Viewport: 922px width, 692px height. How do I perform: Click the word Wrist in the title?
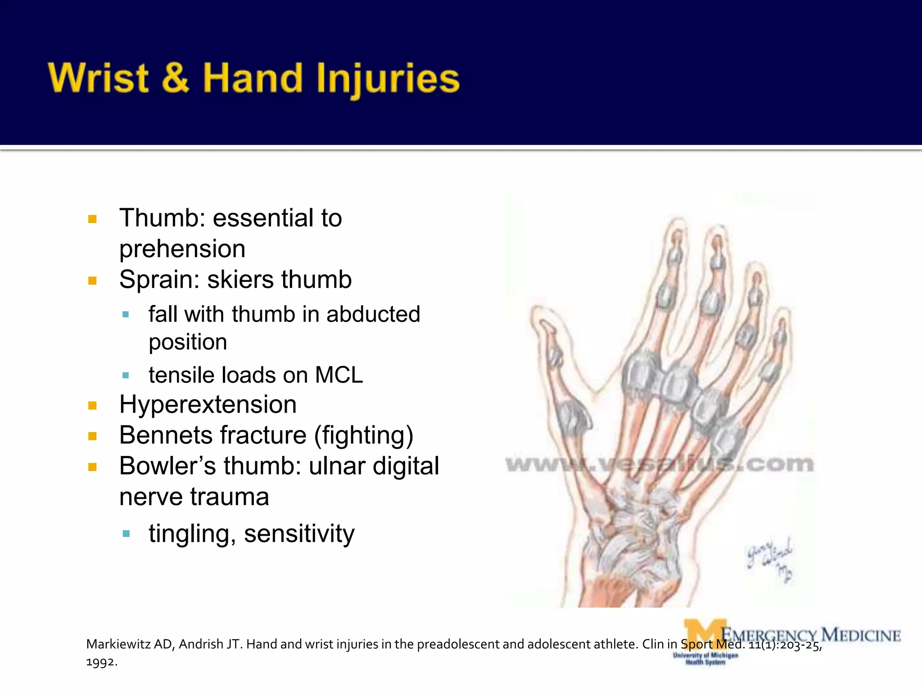[x=98, y=78]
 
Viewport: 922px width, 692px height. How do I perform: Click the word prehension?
[x=182, y=249]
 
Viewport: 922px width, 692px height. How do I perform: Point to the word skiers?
[x=238, y=280]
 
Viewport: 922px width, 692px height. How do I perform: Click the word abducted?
[x=373, y=314]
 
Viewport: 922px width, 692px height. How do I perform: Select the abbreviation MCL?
[x=339, y=375]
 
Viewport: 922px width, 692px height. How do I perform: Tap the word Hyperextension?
[x=208, y=405]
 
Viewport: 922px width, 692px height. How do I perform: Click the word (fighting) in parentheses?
[x=364, y=436]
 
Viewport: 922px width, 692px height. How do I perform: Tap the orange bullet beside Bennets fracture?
[x=93, y=436]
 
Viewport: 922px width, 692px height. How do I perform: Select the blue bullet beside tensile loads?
[x=126, y=375]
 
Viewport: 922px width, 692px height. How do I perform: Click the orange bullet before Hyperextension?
[x=93, y=405]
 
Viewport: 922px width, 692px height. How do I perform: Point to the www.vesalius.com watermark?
[x=659, y=464]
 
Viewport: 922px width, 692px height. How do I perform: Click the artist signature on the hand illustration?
[x=770, y=559]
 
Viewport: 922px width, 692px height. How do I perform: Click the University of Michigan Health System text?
[x=705, y=659]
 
